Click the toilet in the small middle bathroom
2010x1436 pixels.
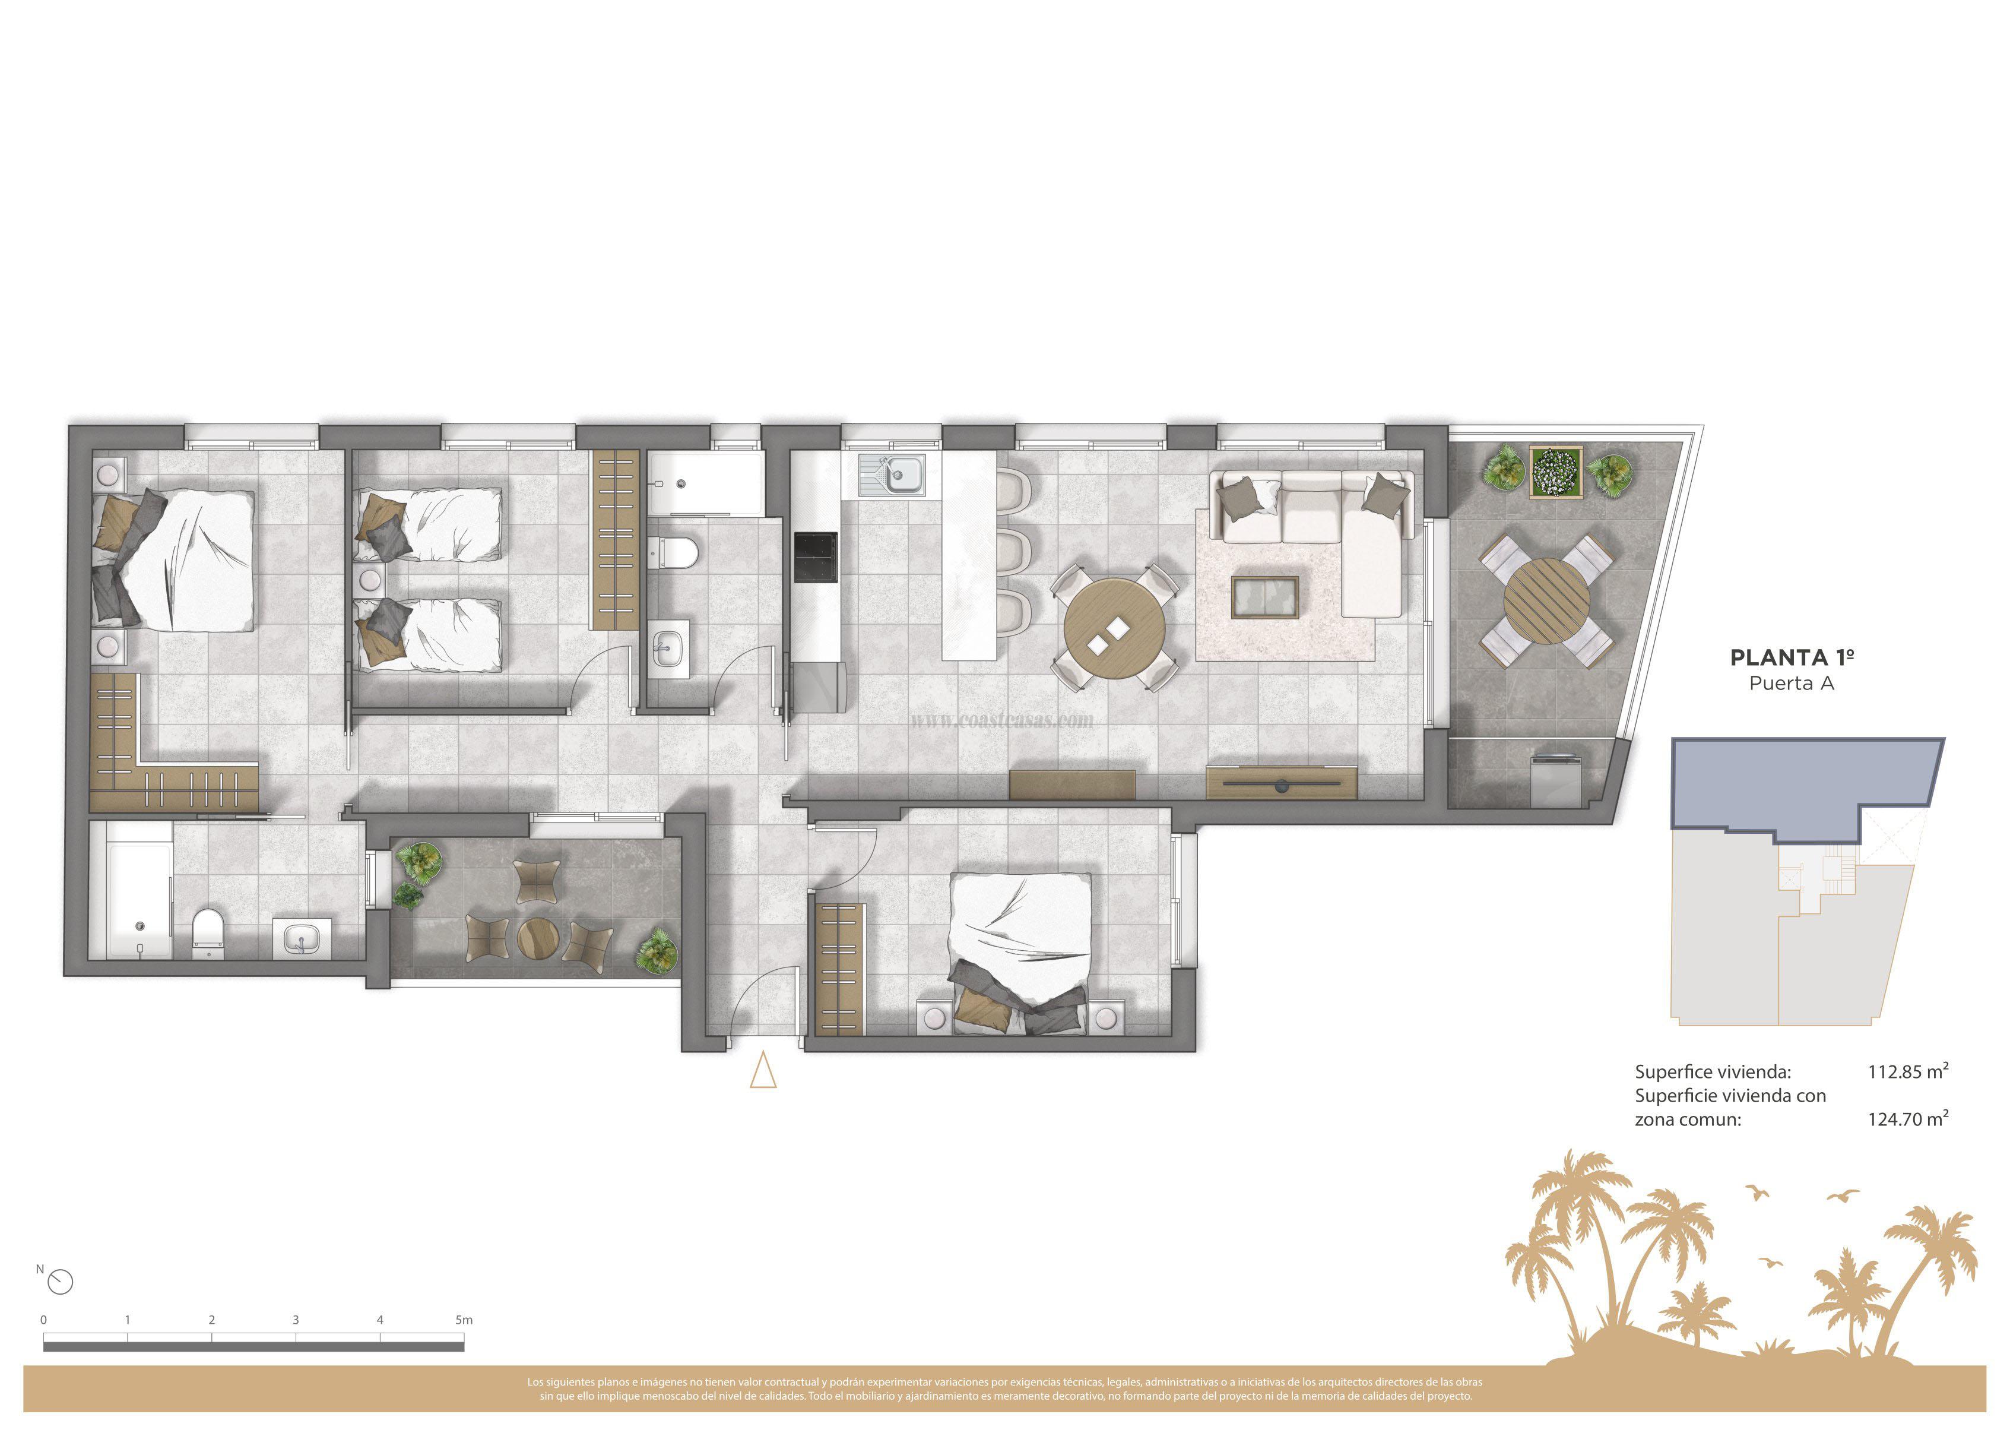(678, 553)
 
